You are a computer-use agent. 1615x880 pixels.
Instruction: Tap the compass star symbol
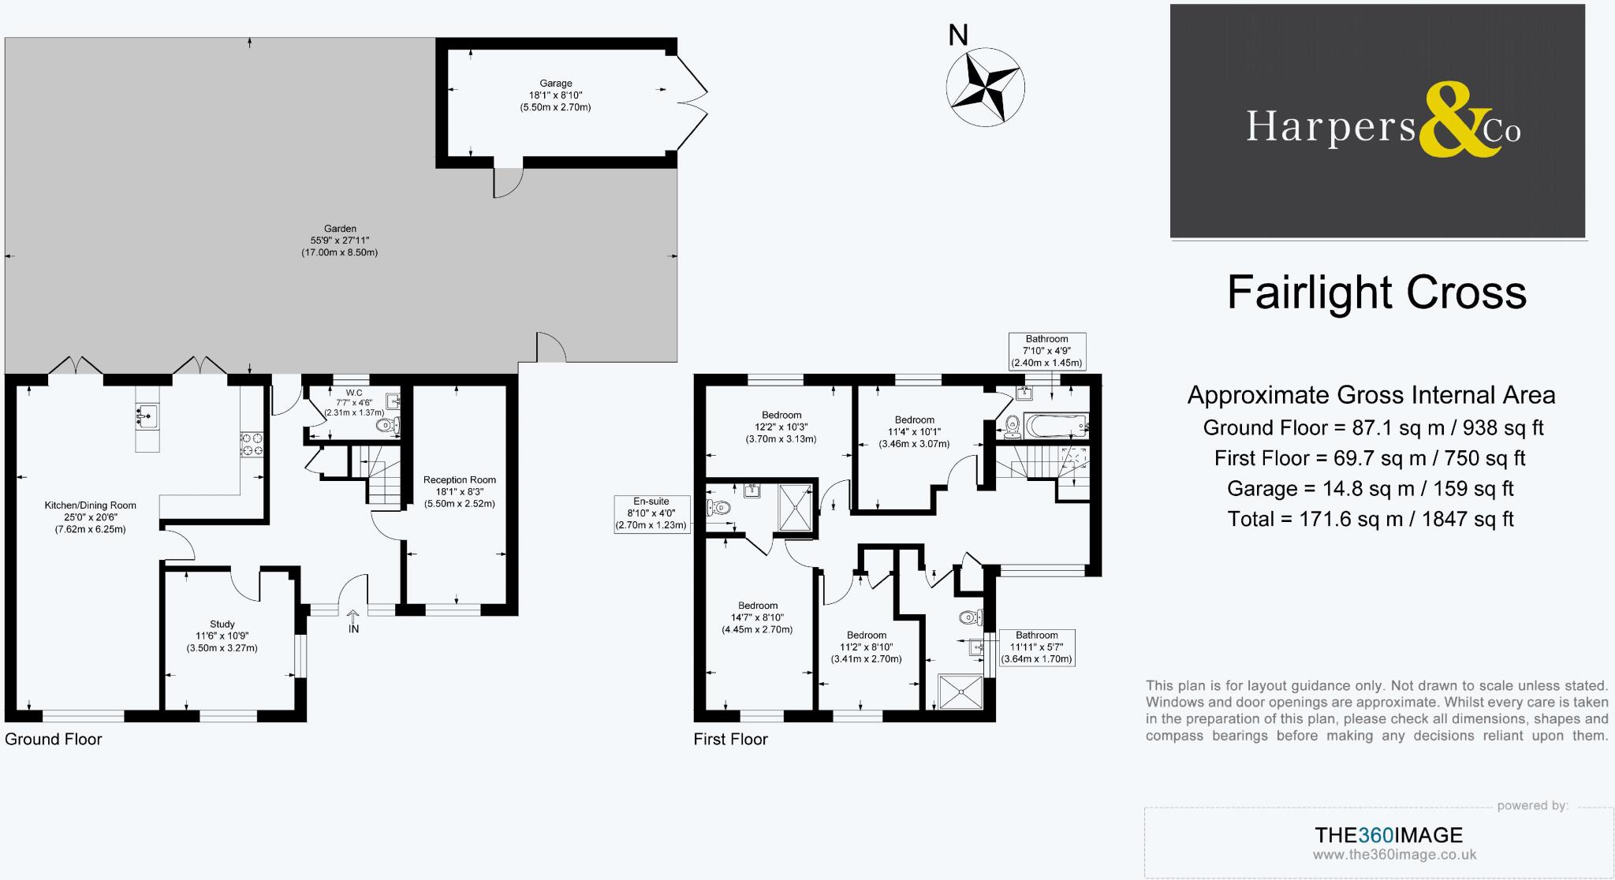(985, 87)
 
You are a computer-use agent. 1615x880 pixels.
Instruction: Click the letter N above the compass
(957, 35)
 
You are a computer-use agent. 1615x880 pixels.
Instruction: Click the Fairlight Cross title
(1376, 293)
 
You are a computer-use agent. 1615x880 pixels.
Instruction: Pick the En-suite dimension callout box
(651, 513)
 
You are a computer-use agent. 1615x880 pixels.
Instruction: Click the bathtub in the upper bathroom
(1055, 427)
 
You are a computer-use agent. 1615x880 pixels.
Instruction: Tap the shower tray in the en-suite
(796, 507)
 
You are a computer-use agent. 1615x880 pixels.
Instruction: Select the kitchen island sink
(147, 416)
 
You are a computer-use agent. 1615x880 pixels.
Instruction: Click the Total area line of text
(1370, 519)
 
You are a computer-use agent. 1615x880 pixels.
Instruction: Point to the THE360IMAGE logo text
(1388, 835)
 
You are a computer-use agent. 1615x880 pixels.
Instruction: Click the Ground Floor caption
(54, 739)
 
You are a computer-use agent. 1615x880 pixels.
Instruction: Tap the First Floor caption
(730, 739)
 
